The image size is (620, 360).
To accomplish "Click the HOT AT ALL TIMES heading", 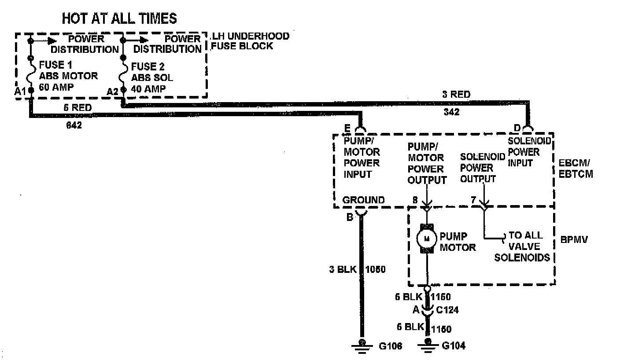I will pyautogui.click(x=119, y=18).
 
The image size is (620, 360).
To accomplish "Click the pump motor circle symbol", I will pyautogui.click(x=426, y=239).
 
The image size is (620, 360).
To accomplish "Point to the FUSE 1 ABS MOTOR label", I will pyautogui.click(x=68, y=76).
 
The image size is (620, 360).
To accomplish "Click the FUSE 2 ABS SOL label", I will pyautogui.click(x=152, y=78).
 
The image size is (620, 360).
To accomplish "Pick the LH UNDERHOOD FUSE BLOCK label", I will pyautogui.click(x=250, y=41).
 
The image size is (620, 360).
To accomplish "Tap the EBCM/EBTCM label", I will pyautogui.click(x=576, y=168).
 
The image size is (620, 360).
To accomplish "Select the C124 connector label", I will pyautogui.click(x=447, y=310).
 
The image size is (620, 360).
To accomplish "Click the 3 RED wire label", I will pyautogui.click(x=457, y=94).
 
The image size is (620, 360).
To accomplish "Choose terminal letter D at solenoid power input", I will pyautogui.click(x=517, y=128).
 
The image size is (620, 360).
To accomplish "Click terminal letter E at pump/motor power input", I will pyautogui.click(x=347, y=128).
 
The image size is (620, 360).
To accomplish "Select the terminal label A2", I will pyautogui.click(x=113, y=91).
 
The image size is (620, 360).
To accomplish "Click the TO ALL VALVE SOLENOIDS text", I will pyautogui.click(x=524, y=246).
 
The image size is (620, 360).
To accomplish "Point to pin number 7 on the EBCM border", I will pyautogui.click(x=473, y=200).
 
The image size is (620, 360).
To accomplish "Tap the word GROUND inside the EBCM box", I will pyautogui.click(x=363, y=200).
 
